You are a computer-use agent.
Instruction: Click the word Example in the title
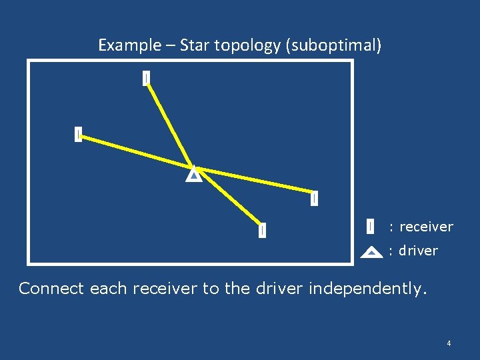(x=130, y=45)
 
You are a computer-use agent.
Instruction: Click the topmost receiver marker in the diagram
(x=146, y=79)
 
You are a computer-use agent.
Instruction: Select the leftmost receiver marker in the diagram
(x=78, y=134)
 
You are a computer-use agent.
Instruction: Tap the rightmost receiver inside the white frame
(x=314, y=198)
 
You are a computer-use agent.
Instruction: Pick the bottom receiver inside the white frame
(x=263, y=230)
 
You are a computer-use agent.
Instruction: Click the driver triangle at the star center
(x=193, y=175)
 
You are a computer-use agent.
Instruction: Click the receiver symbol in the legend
(x=370, y=227)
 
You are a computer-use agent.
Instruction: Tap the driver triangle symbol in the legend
(x=371, y=252)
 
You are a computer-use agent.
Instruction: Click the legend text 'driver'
(x=418, y=251)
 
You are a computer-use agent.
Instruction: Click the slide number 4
(x=449, y=343)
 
